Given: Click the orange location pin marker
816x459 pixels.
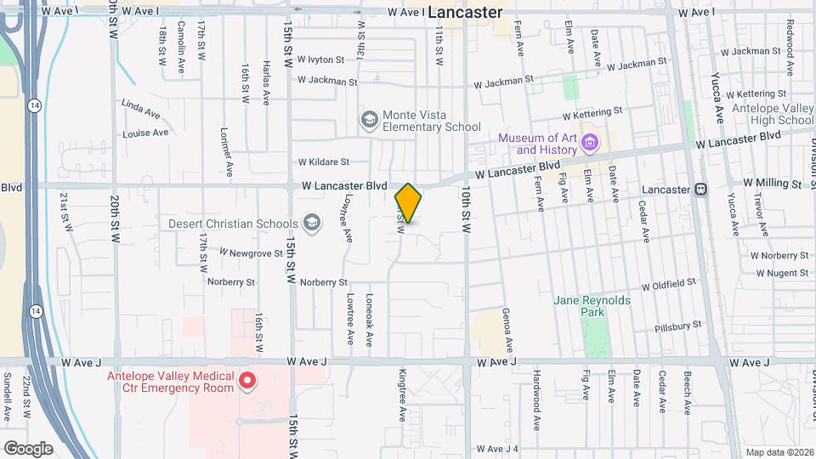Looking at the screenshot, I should click(408, 202).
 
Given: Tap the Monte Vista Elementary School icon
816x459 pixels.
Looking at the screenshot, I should click(369, 120).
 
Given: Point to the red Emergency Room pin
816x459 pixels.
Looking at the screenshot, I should click(247, 380).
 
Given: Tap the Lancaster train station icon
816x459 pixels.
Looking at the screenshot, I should click(701, 188).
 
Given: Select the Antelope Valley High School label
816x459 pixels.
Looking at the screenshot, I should click(772, 114).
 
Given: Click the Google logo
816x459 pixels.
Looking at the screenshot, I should click(28, 448).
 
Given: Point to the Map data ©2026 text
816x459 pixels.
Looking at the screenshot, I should click(778, 451).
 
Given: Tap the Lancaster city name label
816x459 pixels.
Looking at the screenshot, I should click(465, 12).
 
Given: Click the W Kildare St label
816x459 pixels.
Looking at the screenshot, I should click(323, 161).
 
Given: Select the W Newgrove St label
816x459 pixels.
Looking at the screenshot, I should click(251, 252).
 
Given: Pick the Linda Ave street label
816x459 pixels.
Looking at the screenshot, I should click(140, 108).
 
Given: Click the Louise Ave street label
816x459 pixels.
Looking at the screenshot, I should click(146, 133).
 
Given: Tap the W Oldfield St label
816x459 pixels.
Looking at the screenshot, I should click(669, 285).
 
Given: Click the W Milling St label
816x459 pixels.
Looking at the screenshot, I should click(773, 183).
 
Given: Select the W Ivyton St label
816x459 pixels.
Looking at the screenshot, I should click(320, 60).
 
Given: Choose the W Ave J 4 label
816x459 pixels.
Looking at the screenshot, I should click(497, 449).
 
